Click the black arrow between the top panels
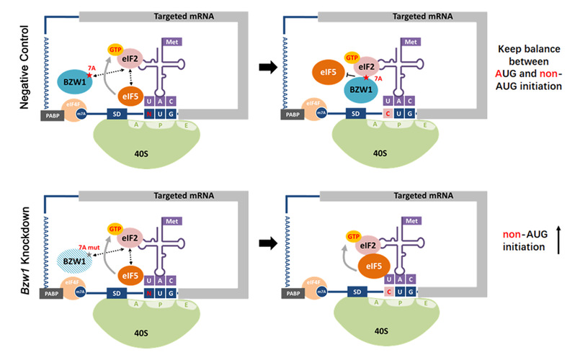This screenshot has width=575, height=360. pos(268,69)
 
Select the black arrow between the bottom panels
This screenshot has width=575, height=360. pos(268,245)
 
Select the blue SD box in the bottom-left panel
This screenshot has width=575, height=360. pos(119,293)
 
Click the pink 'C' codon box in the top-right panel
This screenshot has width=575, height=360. pos(388,113)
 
